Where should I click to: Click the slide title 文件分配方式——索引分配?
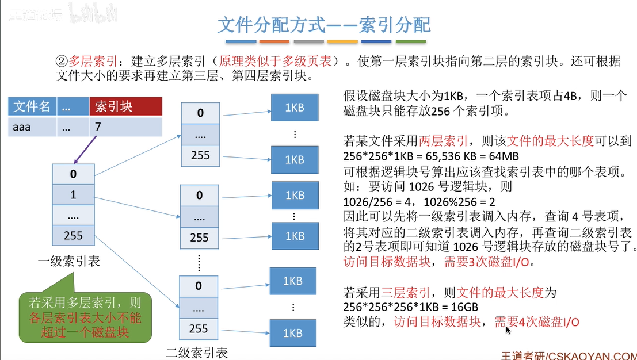323,25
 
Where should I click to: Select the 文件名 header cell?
32,107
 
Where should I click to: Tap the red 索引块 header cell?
125,107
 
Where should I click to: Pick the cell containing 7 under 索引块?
125,127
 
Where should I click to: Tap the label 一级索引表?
68,262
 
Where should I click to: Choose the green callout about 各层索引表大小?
85,317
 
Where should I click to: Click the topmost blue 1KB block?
295,108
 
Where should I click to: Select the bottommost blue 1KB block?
295,333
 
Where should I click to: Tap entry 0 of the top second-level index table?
200,113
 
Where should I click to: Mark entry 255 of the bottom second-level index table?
199,328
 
